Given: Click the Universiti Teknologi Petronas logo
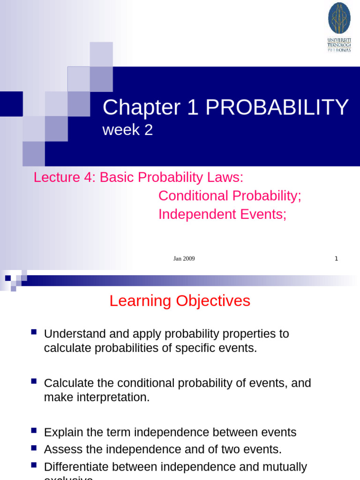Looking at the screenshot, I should [339, 27].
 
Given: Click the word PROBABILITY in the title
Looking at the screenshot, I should [277, 108].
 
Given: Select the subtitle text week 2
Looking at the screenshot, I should [127, 130].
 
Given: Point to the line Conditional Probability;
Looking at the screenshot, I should [230, 196].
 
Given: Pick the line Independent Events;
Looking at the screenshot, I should [222, 214].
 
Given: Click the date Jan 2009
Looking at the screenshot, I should [184, 258].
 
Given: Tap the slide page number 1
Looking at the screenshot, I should [336, 258].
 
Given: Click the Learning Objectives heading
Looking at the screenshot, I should [180, 301].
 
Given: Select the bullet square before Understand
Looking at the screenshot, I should [33, 332].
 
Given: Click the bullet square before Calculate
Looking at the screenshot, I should [33, 382].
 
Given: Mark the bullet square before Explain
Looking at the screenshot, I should [33, 430].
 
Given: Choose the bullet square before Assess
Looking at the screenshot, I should [33, 448].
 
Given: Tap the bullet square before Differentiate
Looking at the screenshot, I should [33, 465].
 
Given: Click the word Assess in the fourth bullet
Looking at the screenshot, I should [60, 450].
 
